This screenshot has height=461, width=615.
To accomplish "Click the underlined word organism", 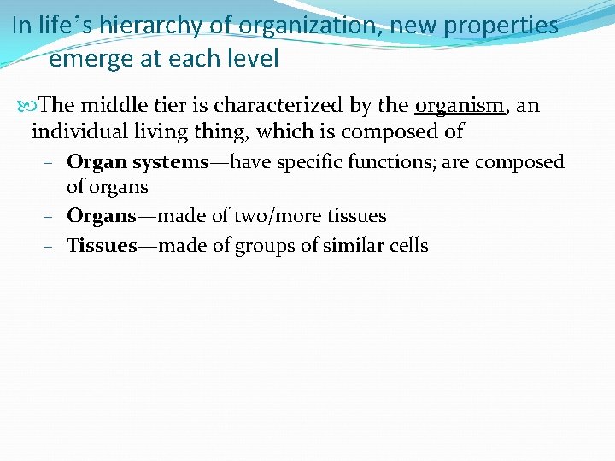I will [459, 105].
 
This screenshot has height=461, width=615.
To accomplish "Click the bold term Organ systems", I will [137, 162].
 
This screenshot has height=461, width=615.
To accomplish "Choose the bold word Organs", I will [101, 216].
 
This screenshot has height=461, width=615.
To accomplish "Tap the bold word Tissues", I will [102, 246].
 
